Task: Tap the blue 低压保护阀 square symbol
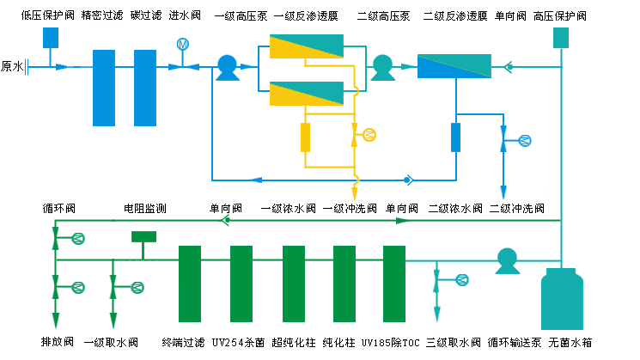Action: [51, 37]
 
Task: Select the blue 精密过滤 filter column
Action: [103, 88]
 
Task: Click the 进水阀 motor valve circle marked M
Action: [183, 45]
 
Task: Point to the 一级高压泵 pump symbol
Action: [227, 67]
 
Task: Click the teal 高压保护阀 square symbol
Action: [561, 38]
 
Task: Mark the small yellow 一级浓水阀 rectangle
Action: [305, 137]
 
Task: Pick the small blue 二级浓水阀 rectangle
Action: [455, 137]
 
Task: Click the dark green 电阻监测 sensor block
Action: [143, 236]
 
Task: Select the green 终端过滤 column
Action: [190, 284]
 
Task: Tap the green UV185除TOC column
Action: [394, 284]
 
